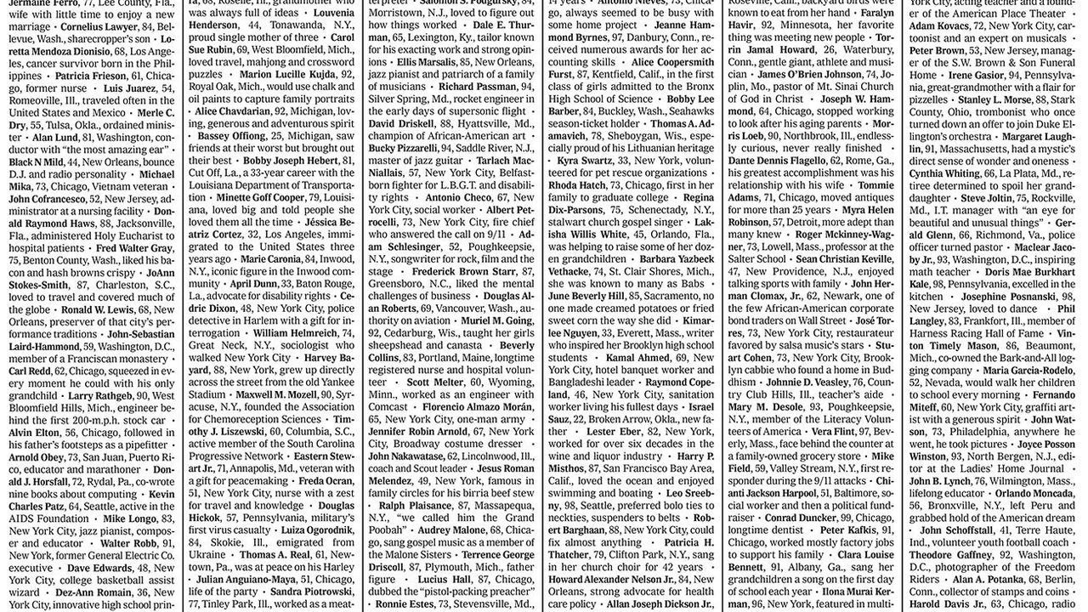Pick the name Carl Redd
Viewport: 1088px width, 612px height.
tap(30, 371)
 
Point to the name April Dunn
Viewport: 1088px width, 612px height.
tap(253, 283)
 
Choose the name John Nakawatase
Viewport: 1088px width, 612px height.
tap(406, 456)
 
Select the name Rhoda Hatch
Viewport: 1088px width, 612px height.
tap(577, 184)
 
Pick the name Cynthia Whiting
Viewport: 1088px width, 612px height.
tap(944, 173)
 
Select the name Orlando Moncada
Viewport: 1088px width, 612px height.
tap(1034, 493)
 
